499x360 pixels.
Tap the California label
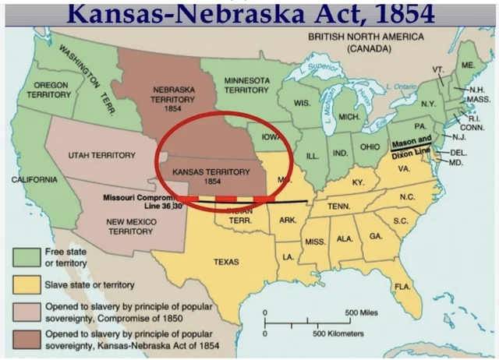click(34, 180)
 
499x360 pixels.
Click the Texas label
click(226, 262)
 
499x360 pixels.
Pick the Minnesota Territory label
click(247, 85)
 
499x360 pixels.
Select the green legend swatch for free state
click(26, 257)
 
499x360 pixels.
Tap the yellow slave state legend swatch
click(26, 284)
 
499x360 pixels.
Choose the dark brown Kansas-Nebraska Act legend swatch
click(26, 339)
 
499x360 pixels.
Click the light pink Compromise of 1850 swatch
click(26, 312)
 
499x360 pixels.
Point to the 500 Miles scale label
click(362, 312)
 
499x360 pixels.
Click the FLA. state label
click(402, 288)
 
